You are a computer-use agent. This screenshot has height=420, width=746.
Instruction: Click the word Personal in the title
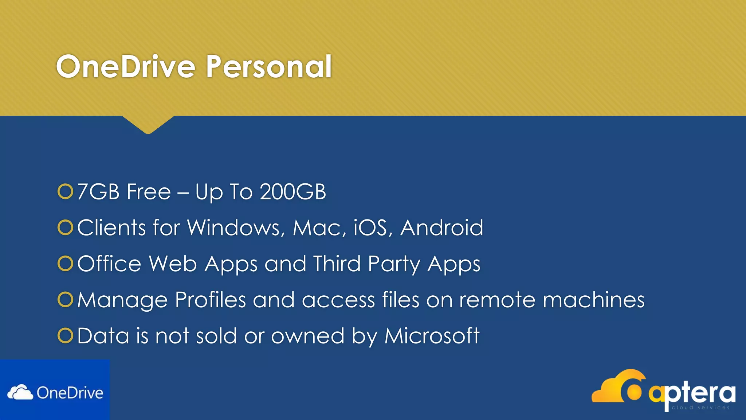point(269,67)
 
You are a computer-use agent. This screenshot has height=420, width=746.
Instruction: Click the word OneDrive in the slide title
point(126,67)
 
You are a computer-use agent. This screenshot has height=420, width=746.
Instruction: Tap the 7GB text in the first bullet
point(98,192)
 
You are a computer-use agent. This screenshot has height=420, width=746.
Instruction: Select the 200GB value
point(293,192)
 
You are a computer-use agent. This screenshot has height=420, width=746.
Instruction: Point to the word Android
point(441,228)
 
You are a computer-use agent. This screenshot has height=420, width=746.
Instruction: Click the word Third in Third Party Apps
point(337,264)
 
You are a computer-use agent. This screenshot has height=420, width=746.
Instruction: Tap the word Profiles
point(211,300)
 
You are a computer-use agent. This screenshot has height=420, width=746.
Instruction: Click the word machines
point(593,300)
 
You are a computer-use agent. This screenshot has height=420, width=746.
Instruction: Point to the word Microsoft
point(432,335)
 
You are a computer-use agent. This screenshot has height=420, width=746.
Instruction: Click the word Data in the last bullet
point(103,335)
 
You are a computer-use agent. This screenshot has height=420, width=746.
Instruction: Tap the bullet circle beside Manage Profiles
point(66,299)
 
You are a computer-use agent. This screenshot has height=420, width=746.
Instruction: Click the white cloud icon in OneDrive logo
point(20,393)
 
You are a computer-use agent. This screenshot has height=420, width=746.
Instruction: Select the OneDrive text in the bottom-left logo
point(70,393)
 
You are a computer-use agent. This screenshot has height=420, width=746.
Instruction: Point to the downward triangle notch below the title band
point(148,124)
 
